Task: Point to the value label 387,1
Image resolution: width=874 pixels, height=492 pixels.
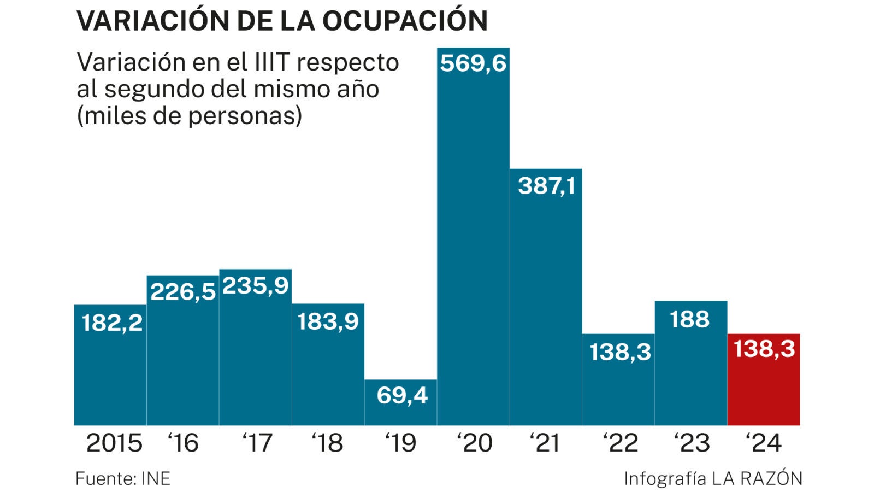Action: point(546,186)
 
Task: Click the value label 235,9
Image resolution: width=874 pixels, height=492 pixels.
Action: point(255,285)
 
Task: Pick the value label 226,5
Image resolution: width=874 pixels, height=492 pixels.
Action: point(183,291)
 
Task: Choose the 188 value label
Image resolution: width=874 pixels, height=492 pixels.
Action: point(690,319)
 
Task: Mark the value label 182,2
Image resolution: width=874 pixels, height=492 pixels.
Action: point(112,323)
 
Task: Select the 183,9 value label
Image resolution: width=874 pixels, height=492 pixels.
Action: point(328,321)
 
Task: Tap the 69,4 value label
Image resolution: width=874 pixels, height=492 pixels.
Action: point(402,395)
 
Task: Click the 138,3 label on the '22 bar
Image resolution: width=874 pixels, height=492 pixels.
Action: point(620,352)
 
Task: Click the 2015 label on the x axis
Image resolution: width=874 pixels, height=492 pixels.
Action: point(114,443)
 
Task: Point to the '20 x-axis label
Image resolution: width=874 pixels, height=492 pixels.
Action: point(475,443)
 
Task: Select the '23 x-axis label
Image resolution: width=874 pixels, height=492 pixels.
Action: point(692,443)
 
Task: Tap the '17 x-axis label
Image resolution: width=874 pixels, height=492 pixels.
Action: point(257,443)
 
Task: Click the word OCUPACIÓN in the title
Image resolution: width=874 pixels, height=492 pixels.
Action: point(405,21)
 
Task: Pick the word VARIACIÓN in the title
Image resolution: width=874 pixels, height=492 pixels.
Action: point(152,21)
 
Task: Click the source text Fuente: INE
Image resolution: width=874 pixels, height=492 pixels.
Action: point(123,479)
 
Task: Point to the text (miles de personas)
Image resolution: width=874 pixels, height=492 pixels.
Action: point(189,115)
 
